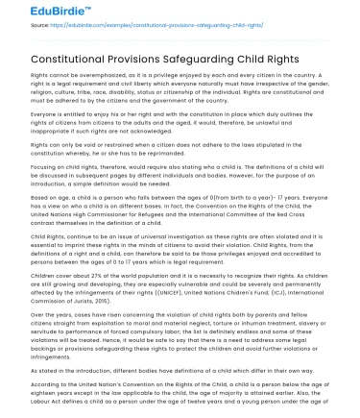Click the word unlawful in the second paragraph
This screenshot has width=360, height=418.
[293, 123]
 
